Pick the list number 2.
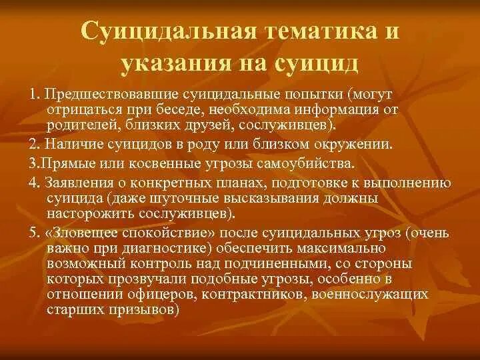[33, 145]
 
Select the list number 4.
[33, 183]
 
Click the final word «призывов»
[145, 310]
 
